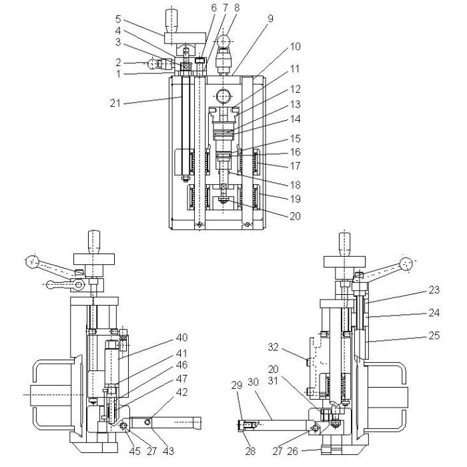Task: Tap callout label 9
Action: [x=270, y=19]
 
